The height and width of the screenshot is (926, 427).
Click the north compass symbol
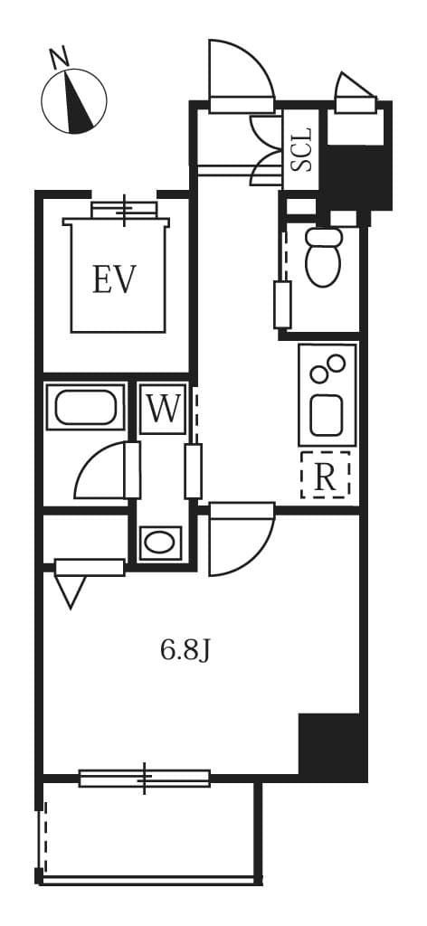click(74, 100)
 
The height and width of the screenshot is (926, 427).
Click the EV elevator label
click(114, 279)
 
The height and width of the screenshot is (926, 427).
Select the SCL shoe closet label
click(301, 150)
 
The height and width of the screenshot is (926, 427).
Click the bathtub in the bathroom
click(85, 406)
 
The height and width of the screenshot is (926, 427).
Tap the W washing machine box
click(164, 409)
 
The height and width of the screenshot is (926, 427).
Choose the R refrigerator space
click(325, 476)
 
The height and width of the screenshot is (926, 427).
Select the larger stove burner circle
click(319, 373)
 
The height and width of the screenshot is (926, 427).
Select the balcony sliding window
click(145, 778)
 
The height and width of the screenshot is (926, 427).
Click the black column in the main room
click(331, 746)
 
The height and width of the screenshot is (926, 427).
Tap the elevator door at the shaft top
click(124, 210)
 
